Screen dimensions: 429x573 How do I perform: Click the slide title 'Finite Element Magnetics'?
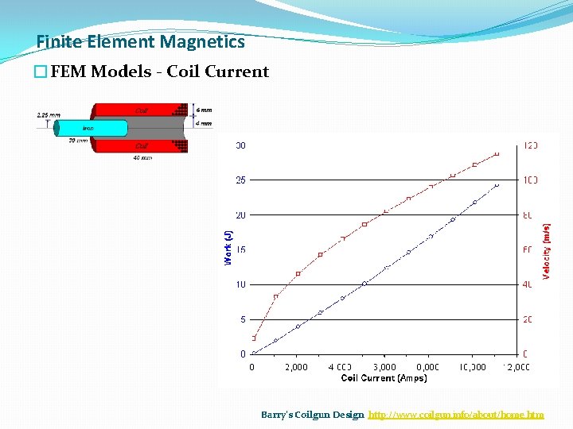pos(141,41)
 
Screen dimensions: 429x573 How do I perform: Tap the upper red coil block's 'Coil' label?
pos(141,110)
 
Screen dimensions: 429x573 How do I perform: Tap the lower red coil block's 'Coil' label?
pos(141,145)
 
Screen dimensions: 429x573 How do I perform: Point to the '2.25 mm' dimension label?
pos(48,114)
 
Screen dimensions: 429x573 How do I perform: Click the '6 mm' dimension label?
pos(204,110)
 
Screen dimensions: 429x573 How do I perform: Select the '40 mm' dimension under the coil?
pos(142,157)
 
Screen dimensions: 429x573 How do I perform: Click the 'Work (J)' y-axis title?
pos(228,247)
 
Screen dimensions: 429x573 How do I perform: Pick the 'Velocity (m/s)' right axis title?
pos(547,250)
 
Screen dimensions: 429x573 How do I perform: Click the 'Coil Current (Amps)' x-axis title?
pos(384,378)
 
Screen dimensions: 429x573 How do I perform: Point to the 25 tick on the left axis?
pos(240,180)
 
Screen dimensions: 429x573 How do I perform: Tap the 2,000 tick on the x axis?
pos(295,367)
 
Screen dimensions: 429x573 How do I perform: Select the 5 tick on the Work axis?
pos(242,319)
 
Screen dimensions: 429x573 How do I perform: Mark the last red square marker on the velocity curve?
pos(497,153)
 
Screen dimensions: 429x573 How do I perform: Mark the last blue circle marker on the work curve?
pos(497,185)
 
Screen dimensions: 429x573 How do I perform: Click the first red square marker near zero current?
pos(254,338)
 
